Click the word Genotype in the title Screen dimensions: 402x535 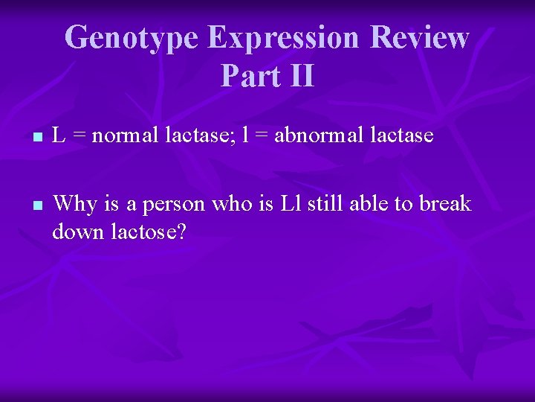click(x=132, y=37)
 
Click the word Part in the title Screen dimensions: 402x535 click(x=245, y=76)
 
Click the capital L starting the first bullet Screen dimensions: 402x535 click(x=60, y=136)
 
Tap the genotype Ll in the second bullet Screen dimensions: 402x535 click(x=289, y=202)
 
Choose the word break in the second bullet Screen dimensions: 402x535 click(x=444, y=202)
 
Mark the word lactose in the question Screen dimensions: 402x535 click(x=141, y=232)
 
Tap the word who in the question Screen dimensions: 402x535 click(x=231, y=202)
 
